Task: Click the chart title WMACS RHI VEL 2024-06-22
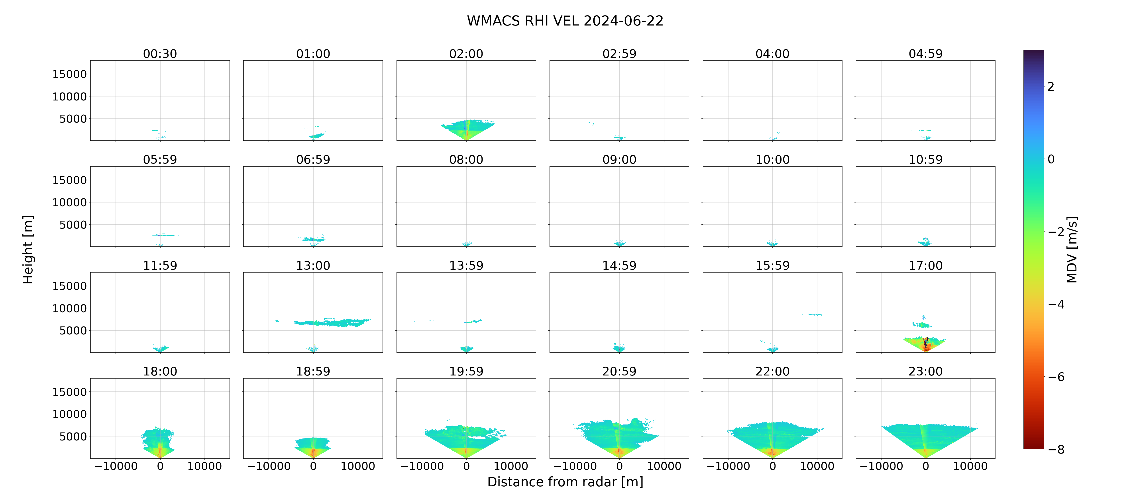click(565, 21)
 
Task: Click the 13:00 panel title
click(313, 265)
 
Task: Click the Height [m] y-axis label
click(28, 249)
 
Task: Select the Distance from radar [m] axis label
click(565, 482)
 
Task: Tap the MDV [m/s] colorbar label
click(1072, 249)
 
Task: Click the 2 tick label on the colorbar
click(1051, 86)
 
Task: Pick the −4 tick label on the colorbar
click(1056, 304)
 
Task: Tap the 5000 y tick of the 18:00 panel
click(73, 436)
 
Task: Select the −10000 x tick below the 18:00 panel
click(116, 466)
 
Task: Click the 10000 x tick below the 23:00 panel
click(970, 466)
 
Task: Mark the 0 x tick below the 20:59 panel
click(620, 466)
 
